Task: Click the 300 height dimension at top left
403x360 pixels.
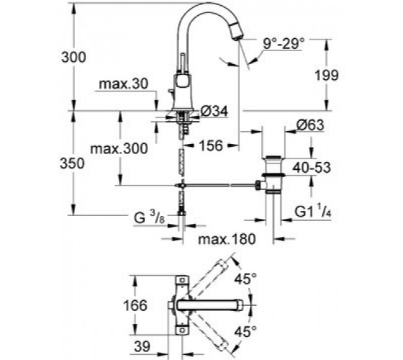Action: click(73, 57)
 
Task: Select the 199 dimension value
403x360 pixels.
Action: click(327, 76)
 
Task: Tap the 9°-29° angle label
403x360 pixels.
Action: click(284, 43)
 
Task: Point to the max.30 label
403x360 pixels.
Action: click(124, 84)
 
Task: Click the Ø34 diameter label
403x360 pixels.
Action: click(214, 112)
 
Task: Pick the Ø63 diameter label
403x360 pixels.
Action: click(310, 125)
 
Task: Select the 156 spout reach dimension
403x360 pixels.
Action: click(211, 145)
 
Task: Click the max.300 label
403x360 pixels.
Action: click(119, 148)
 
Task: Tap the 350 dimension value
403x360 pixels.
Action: click(72, 163)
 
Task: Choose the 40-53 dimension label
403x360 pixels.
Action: click(312, 168)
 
